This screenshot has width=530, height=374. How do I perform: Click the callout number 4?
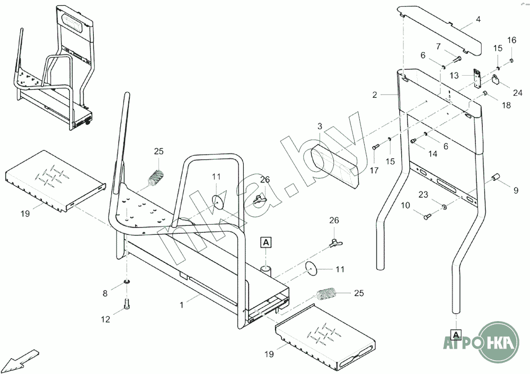[x=478, y=20]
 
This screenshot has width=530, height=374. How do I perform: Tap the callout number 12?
[x=105, y=319]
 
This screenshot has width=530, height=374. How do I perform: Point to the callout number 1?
[x=181, y=305]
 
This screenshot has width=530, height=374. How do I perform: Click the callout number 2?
[x=375, y=95]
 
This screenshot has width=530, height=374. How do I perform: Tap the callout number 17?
[x=374, y=171]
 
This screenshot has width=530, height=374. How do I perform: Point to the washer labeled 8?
[x=127, y=280]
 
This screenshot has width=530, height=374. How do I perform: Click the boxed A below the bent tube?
[x=456, y=334]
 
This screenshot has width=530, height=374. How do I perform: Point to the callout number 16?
[x=511, y=40]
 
